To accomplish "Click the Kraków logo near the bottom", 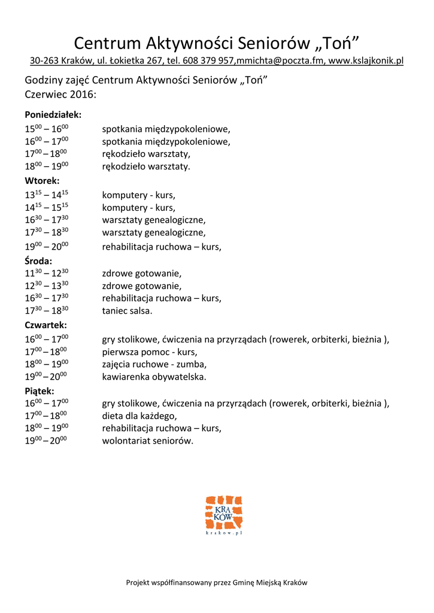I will point(223,514).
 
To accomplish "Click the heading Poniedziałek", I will point(53,114).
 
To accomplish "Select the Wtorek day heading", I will point(42,180).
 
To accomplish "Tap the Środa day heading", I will point(38,260).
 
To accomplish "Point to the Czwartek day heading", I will point(45,325).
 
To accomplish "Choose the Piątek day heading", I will point(40,390).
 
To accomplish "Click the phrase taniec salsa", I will point(127,311).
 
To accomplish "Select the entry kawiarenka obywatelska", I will point(154,377).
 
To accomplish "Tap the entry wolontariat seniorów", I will point(147,441).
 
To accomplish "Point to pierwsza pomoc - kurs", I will point(149,352).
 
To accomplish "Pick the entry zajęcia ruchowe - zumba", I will point(154,365).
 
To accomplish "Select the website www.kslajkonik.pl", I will point(366,61).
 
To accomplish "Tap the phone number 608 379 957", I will point(209,61).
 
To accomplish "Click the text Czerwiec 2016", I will point(60,94).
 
